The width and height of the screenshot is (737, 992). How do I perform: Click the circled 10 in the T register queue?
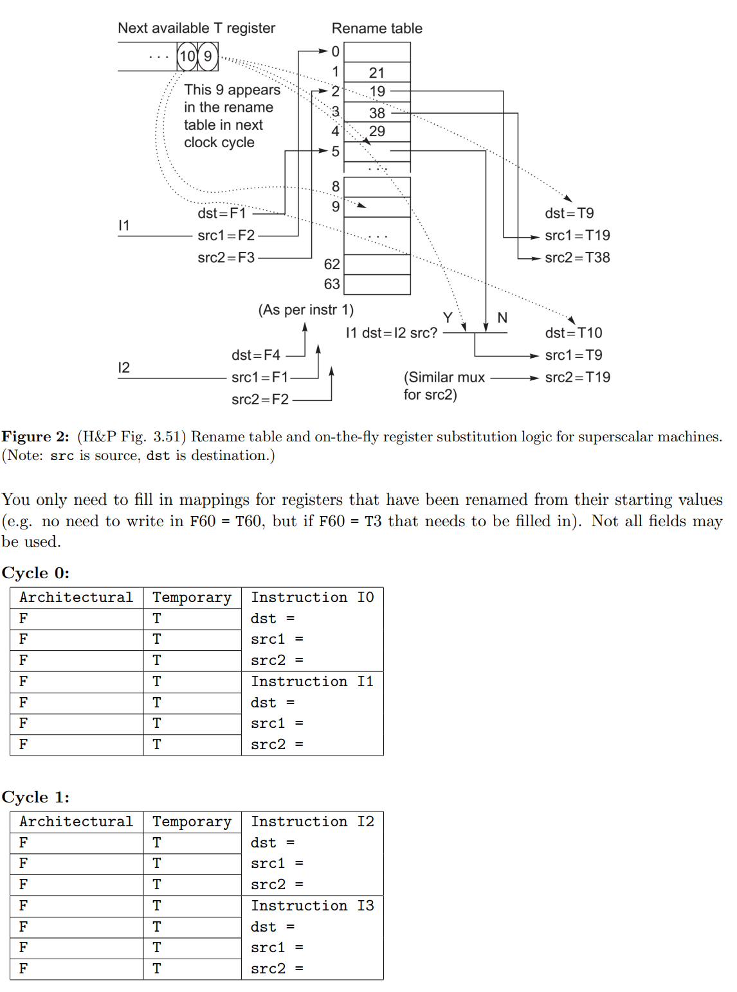[187, 57]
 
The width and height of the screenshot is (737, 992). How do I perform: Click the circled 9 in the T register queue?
[208, 57]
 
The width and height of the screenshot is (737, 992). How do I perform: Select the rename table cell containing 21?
[377, 73]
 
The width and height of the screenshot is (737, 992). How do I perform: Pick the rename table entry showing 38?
[377, 113]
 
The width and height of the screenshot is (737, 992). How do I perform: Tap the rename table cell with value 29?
[377, 132]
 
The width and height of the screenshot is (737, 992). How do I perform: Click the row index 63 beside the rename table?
[332, 284]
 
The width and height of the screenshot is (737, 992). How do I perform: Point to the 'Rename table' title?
[377, 28]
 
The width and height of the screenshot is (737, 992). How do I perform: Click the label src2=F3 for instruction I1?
[226, 258]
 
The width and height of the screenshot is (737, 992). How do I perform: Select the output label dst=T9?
[569, 213]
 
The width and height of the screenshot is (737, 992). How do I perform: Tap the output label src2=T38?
[578, 258]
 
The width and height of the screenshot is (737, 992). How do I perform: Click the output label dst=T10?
[574, 333]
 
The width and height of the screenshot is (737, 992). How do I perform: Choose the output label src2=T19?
[578, 377]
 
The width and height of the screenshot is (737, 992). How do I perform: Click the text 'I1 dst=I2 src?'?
[392, 333]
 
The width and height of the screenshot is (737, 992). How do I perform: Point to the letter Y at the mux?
[448, 318]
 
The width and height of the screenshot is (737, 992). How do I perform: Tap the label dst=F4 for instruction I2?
[256, 355]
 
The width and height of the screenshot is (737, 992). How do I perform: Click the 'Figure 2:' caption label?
[35, 437]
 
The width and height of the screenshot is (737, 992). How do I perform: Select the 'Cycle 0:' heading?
[35, 573]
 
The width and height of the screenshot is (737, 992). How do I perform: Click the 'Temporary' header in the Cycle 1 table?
[192, 822]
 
